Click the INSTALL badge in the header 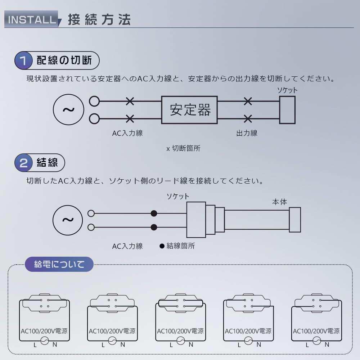tap(31, 19)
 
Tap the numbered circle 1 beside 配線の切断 tap(23, 60)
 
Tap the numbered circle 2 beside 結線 tap(23, 163)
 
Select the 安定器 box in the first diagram tap(189, 110)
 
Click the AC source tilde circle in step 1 tap(68, 109)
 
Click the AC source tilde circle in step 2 tap(68, 220)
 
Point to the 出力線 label tap(247, 133)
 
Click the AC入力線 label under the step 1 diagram tap(127, 133)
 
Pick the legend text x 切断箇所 tap(183, 148)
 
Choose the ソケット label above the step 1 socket tap(287, 90)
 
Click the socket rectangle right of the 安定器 tap(287, 110)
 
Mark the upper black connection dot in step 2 tap(154, 213)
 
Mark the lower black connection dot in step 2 tap(154, 227)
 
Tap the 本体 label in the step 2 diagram tap(279, 202)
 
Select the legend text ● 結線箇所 tap(177, 246)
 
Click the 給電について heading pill tap(59, 265)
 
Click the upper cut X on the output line tap(248, 102)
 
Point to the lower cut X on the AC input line tap(130, 118)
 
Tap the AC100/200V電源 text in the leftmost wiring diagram tap(44, 331)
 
